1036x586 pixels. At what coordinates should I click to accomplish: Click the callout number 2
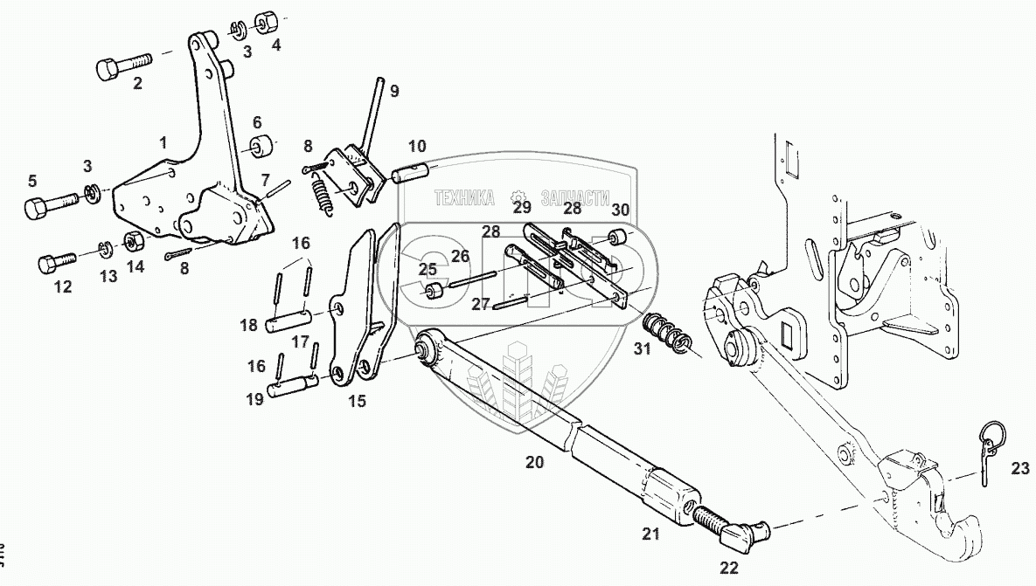[x=137, y=84]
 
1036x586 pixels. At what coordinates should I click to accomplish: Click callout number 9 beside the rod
[x=394, y=91]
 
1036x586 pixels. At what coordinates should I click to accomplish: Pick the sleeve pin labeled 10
[x=410, y=171]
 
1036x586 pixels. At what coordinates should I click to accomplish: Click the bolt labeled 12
[x=54, y=261]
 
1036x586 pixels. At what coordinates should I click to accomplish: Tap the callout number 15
[x=357, y=402]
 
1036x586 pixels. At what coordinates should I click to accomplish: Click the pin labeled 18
[x=281, y=325]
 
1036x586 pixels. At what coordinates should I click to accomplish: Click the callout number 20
[x=534, y=462]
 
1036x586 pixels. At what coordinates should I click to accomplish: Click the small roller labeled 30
[x=618, y=238]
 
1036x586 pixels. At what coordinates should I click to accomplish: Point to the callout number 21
[x=650, y=534]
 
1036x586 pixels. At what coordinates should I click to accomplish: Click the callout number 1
[x=162, y=141]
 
